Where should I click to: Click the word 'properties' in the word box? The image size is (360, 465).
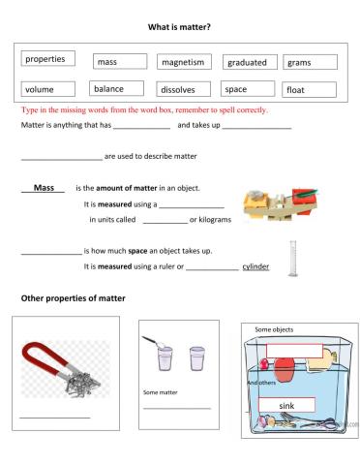tap(45, 59)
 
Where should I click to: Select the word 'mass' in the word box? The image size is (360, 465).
tap(105, 62)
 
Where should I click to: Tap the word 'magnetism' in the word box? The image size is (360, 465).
tap(183, 62)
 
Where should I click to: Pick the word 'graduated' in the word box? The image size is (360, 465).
tap(247, 62)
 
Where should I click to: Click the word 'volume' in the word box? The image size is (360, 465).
tap(41, 89)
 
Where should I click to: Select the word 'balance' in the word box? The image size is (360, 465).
tap(107, 89)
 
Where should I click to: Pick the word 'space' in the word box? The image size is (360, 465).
tap(235, 89)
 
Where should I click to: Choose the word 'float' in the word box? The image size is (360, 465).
tap(295, 90)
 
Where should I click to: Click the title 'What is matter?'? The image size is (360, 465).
tap(179, 28)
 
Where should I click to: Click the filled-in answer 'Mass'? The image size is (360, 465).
tap(43, 187)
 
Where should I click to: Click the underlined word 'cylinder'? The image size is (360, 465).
tap(255, 265)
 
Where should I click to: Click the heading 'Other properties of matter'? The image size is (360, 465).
tap(73, 297)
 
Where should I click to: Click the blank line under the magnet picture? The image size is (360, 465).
tap(55, 418)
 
